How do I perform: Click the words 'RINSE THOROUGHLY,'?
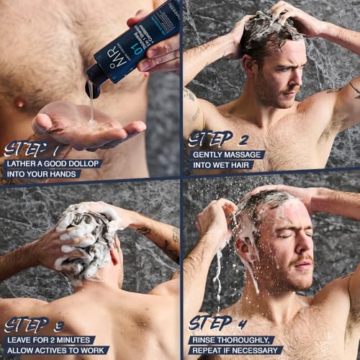click(x=232, y=339)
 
